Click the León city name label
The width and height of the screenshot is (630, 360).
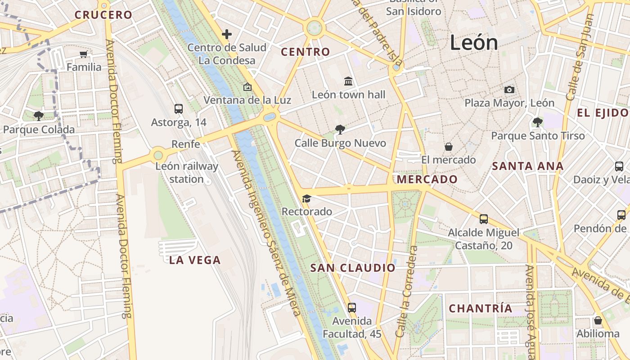474,43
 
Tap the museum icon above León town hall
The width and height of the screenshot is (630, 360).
348,81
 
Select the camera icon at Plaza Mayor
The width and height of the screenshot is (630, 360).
509,90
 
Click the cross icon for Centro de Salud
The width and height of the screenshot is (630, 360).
227,34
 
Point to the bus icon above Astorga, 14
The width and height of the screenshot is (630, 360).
179,109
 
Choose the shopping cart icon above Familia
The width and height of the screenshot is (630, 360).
83,54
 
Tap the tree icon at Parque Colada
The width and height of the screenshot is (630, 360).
39,116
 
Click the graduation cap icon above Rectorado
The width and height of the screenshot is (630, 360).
306,198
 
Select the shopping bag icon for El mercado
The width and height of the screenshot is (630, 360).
449,147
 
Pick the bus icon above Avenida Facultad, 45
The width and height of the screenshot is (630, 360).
352,308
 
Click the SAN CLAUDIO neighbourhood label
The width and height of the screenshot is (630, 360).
353,268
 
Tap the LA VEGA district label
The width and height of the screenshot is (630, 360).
195,260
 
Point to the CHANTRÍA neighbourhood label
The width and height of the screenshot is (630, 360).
481,309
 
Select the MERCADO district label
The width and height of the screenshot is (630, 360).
427,180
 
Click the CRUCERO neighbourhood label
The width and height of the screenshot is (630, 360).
103,15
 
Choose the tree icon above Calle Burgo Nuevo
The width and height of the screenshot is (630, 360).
340,130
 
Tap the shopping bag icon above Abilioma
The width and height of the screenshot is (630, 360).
598,320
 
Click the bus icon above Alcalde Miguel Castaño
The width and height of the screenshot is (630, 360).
484,219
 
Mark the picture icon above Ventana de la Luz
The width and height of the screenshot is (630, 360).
247,87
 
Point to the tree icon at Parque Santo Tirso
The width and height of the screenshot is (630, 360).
537,122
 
